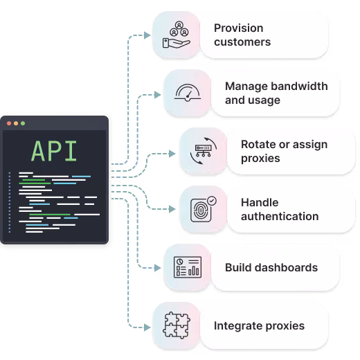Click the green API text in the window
tap(54, 151)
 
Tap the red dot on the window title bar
tap(9, 123)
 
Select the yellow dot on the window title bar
tap(16, 123)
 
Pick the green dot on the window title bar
tap(23, 123)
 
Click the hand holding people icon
tap(177, 35)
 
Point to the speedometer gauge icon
tap(188, 93)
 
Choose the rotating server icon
tap(204, 151)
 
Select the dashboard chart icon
tap(188, 267)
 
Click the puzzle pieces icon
tap(177, 325)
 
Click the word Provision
tap(239, 28)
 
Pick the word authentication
tap(280, 217)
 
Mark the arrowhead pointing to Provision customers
tap(147, 35)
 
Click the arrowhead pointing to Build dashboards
tap(157, 268)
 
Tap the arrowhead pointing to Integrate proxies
tap(147, 327)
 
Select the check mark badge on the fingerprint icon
tap(212, 201)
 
